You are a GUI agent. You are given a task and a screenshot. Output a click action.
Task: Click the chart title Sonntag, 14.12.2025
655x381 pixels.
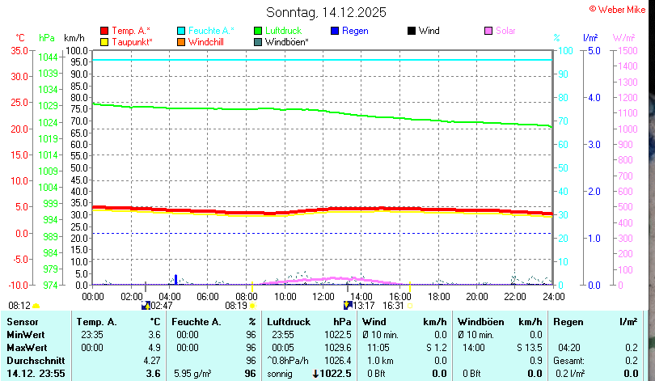pyautogui.click(x=326, y=12)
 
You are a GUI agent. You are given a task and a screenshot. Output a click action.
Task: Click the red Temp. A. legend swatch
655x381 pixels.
pyautogui.click(x=104, y=31)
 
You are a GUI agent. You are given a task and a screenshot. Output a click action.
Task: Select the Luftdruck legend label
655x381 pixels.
pyautogui.click(x=283, y=31)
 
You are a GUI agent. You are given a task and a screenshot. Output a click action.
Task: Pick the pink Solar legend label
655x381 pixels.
pyautogui.click(x=505, y=31)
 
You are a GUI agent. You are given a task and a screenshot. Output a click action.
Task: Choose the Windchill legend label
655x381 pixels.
pyautogui.click(x=207, y=41)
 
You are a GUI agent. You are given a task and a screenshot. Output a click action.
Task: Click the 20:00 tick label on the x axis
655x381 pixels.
pyautogui.click(x=476, y=296)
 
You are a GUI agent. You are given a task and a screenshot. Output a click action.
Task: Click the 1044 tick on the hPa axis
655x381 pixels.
pyautogui.click(x=49, y=57)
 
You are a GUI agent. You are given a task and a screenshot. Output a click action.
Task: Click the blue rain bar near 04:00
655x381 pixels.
pyautogui.click(x=175, y=279)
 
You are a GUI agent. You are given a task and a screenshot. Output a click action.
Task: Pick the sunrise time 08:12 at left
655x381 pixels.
pyautogui.click(x=19, y=306)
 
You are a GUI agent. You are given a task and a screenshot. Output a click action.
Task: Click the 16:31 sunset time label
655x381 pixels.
pyautogui.click(x=393, y=306)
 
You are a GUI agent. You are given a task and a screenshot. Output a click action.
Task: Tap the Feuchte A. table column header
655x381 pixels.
pyautogui.click(x=196, y=322)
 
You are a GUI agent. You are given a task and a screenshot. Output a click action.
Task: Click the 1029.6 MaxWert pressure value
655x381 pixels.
pyautogui.click(x=336, y=347)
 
